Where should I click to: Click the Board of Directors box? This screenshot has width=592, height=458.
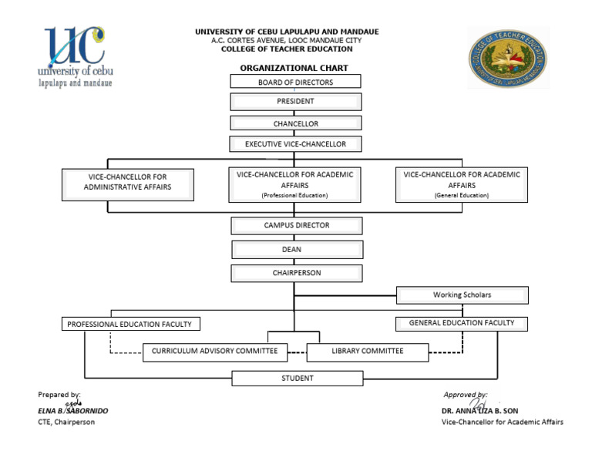(x=295, y=82)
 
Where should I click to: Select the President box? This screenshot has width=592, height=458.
(x=295, y=101)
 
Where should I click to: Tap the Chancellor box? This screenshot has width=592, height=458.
(x=295, y=123)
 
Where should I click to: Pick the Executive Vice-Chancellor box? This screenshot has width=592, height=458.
(x=295, y=144)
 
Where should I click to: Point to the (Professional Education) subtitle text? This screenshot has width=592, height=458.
(x=294, y=196)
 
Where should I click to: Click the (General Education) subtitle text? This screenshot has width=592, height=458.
(x=461, y=196)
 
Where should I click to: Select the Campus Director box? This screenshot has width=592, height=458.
(x=297, y=225)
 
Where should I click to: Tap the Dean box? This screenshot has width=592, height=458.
(x=297, y=249)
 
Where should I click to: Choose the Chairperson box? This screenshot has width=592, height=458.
(x=297, y=273)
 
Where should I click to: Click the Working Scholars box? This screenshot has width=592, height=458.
(x=462, y=295)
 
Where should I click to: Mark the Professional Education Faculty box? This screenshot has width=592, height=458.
(x=129, y=325)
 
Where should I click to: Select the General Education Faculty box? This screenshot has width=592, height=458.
(x=462, y=323)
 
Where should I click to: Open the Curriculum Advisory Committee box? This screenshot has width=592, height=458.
(x=215, y=352)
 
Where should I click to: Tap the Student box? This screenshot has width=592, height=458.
(x=298, y=378)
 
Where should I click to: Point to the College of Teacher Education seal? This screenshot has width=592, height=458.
(x=508, y=59)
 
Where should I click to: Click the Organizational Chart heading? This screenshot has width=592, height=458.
(x=294, y=69)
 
